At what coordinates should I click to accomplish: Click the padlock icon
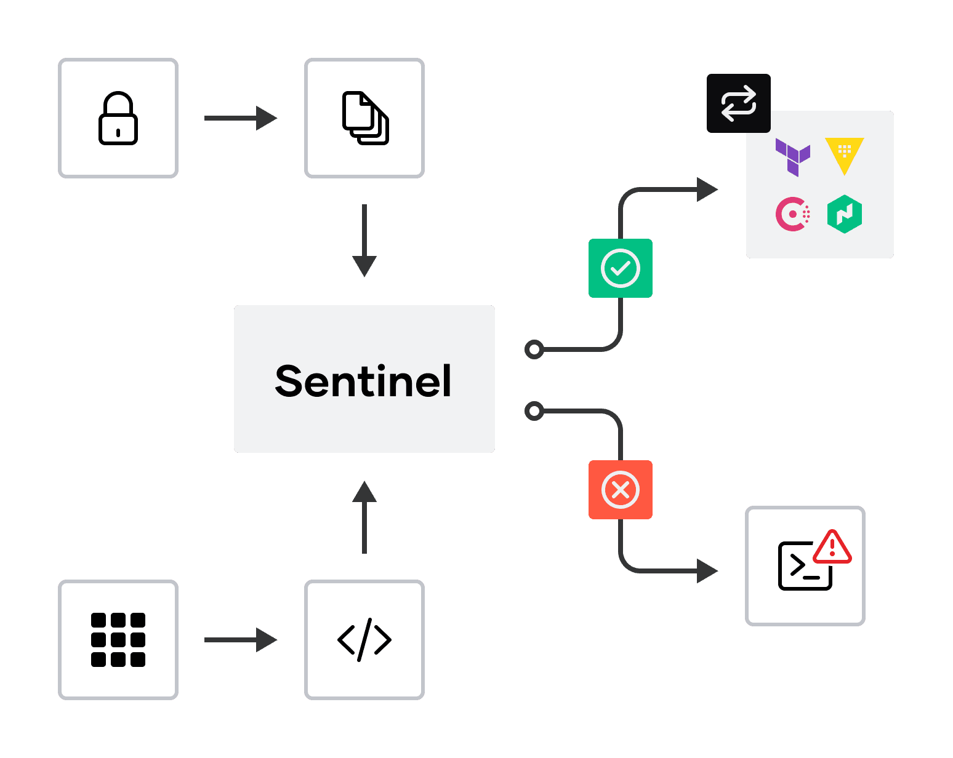coord(118,118)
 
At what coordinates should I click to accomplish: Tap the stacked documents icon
coord(365,118)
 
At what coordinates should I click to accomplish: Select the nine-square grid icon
coord(118,640)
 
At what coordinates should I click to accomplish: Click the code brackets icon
coord(364,640)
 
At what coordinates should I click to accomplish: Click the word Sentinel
coord(363,381)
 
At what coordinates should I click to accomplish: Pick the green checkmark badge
coord(621,268)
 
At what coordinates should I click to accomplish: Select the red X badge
coord(621,490)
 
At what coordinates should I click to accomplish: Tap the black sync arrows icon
coord(739,103)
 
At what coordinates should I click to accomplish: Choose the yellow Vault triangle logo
coord(845,154)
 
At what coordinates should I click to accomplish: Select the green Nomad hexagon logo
coord(845,214)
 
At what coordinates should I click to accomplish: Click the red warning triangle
coord(832,548)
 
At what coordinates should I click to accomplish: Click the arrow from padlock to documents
coord(241,118)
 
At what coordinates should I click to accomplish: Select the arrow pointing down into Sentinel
coord(364,241)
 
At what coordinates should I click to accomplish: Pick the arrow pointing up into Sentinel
coord(364,517)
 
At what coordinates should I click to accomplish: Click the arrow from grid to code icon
coord(241,640)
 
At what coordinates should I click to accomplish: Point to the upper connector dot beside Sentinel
coord(534,349)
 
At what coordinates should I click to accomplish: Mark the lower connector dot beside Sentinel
coord(534,410)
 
